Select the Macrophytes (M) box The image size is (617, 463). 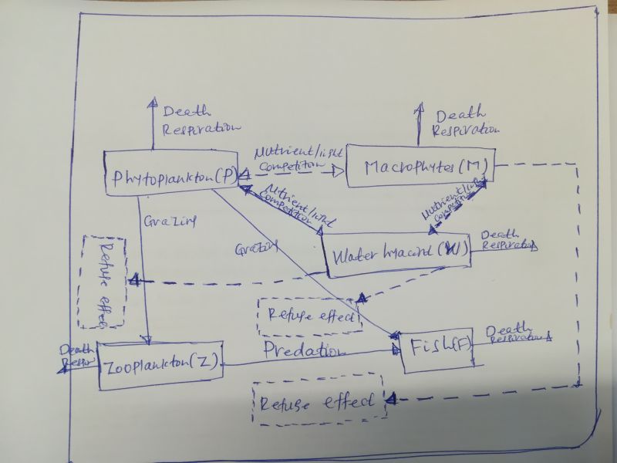click(420, 166)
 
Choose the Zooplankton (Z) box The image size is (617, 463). click(160, 363)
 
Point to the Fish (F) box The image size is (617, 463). click(437, 352)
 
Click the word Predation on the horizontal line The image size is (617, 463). click(302, 351)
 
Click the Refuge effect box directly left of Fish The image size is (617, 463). click(311, 315)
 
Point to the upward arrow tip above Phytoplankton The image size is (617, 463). click(153, 103)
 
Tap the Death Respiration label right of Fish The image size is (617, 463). click(515, 333)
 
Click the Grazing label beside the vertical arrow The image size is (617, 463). click(170, 222)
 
